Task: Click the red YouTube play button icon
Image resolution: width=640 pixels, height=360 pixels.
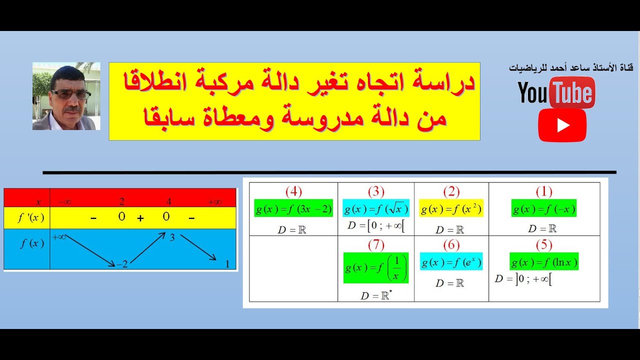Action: [x=562, y=125]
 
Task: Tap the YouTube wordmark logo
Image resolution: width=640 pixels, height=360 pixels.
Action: [x=556, y=93]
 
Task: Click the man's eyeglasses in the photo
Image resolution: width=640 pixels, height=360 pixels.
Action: [x=70, y=94]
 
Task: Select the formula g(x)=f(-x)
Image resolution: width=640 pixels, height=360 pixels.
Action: [x=543, y=208]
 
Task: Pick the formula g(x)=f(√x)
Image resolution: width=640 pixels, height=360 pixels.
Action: [x=376, y=208]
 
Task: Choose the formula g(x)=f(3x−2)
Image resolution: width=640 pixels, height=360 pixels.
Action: [x=293, y=208]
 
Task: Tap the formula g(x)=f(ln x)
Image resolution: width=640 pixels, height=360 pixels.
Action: [x=544, y=261]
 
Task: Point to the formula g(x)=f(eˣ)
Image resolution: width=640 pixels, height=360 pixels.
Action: [x=451, y=261]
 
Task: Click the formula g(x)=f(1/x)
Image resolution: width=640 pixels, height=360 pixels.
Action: [x=376, y=268]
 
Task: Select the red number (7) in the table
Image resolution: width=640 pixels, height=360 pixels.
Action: [x=376, y=245]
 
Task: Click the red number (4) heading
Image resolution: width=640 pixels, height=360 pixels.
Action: [x=293, y=191]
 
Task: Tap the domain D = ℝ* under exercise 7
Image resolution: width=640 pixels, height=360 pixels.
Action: [x=376, y=295]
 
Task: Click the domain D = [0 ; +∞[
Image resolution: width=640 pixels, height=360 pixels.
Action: [x=376, y=225]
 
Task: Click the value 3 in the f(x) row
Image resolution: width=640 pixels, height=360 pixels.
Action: [x=172, y=238]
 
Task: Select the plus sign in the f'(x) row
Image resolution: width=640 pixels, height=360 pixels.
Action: [x=140, y=218]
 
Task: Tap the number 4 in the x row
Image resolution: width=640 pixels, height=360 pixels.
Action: [x=169, y=202]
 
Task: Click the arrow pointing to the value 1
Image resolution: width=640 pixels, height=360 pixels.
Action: [x=198, y=247]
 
